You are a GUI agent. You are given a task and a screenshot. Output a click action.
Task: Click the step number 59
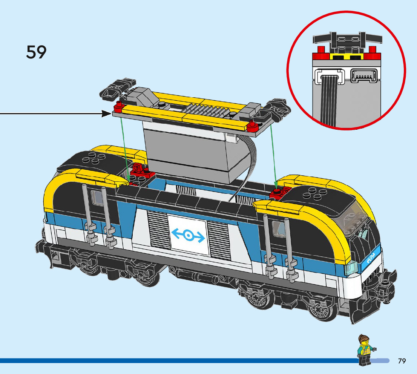point(36,52)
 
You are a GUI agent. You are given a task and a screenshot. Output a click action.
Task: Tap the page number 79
point(402,361)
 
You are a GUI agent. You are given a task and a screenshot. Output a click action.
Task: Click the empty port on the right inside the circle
point(363,76)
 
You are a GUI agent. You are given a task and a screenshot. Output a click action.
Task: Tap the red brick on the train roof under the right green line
point(278,193)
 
